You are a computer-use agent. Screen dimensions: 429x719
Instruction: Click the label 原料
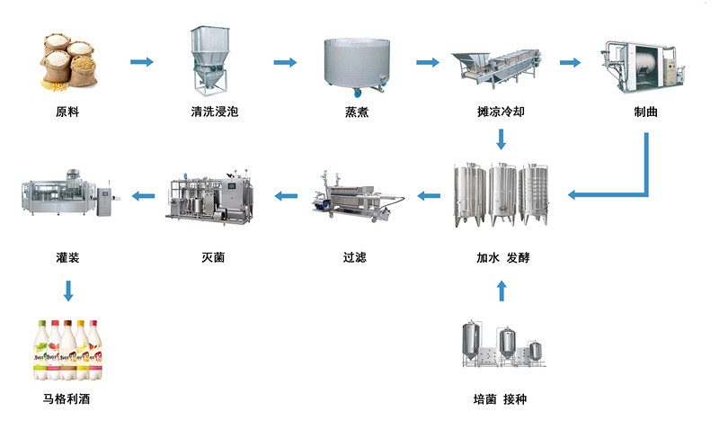(67, 112)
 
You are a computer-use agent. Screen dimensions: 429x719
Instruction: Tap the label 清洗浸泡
(214, 112)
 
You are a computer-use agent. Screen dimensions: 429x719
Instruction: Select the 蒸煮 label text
(357, 112)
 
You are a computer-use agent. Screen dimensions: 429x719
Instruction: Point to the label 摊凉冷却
(501, 112)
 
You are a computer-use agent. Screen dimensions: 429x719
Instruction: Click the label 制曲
(645, 112)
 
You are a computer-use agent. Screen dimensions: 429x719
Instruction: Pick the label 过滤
(355, 257)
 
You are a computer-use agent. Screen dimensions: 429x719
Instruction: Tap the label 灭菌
(213, 257)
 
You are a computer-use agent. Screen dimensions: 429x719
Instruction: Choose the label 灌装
(67, 257)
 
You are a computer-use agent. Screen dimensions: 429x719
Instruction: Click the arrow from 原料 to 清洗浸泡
(142, 62)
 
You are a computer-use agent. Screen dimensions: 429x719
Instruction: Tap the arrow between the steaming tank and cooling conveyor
(426, 62)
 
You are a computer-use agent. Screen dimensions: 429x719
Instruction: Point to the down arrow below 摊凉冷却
(502, 139)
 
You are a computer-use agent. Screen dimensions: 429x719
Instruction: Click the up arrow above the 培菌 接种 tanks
(502, 290)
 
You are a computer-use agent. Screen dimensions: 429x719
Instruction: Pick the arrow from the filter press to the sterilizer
(285, 194)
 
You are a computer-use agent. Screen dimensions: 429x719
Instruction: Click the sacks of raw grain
(67, 62)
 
